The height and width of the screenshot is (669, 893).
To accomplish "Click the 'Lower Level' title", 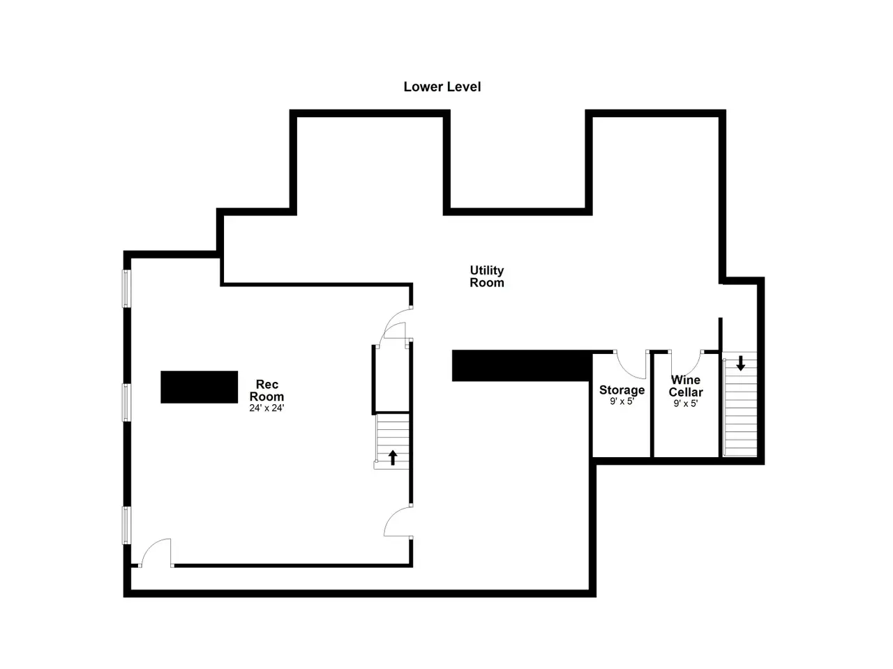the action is pyautogui.click(x=442, y=86).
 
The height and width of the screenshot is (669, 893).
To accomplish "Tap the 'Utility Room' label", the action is pyautogui.click(x=486, y=276).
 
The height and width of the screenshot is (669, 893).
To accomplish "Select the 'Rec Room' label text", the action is pyautogui.click(x=267, y=390).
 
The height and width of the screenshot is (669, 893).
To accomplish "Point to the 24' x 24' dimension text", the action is pyautogui.click(x=267, y=408).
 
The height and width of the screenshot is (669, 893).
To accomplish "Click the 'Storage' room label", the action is pyautogui.click(x=622, y=390).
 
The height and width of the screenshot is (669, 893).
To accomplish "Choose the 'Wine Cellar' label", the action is pyautogui.click(x=686, y=386).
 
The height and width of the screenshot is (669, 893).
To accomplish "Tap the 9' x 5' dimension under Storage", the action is pyautogui.click(x=622, y=401).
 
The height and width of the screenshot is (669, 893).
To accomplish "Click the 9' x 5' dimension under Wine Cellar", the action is pyautogui.click(x=686, y=403).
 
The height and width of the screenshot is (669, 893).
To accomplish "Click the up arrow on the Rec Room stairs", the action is pyautogui.click(x=393, y=457).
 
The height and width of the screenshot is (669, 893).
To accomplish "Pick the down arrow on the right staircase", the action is pyautogui.click(x=740, y=363).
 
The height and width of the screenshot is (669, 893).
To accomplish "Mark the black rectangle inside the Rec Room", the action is pyautogui.click(x=199, y=387).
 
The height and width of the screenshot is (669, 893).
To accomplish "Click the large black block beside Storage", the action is pyautogui.click(x=521, y=366).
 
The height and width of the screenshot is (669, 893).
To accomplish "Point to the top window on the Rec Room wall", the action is pyautogui.click(x=126, y=289).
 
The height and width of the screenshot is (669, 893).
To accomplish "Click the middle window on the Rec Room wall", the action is pyautogui.click(x=126, y=403).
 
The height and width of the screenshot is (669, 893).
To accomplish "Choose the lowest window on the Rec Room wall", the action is pyautogui.click(x=126, y=525).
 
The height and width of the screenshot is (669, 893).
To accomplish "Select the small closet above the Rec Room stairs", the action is pyautogui.click(x=391, y=378).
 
